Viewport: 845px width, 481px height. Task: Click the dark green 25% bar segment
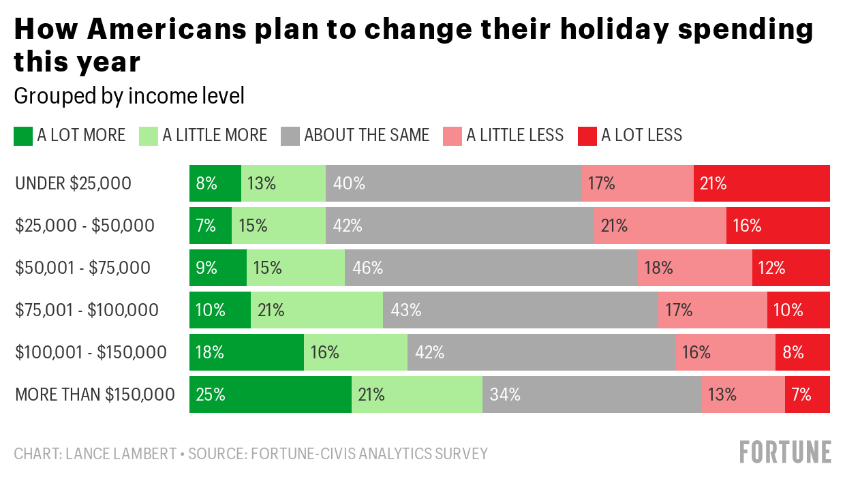click(x=270, y=394)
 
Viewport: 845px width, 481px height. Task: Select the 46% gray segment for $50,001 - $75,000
click(x=491, y=268)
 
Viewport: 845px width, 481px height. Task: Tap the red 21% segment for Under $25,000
click(x=761, y=183)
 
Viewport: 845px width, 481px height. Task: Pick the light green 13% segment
click(x=283, y=183)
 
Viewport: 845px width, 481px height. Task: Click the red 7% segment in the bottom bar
click(x=807, y=394)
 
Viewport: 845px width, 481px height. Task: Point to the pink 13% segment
click(x=743, y=394)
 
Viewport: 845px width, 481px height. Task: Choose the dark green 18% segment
click(x=246, y=352)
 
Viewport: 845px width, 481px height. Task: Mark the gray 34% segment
click(x=591, y=394)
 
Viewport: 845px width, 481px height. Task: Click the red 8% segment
click(x=802, y=352)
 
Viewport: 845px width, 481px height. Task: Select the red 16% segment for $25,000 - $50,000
click(x=778, y=226)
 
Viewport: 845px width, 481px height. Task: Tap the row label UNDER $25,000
click(x=73, y=183)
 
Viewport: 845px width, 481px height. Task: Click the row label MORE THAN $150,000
click(x=95, y=394)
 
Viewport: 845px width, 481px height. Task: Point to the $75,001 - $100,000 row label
click(x=87, y=310)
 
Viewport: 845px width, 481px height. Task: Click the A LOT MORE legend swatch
click(x=22, y=136)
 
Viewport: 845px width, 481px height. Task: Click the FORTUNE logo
click(x=785, y=452)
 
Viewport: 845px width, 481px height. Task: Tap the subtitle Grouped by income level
click(x=129, y=96)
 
